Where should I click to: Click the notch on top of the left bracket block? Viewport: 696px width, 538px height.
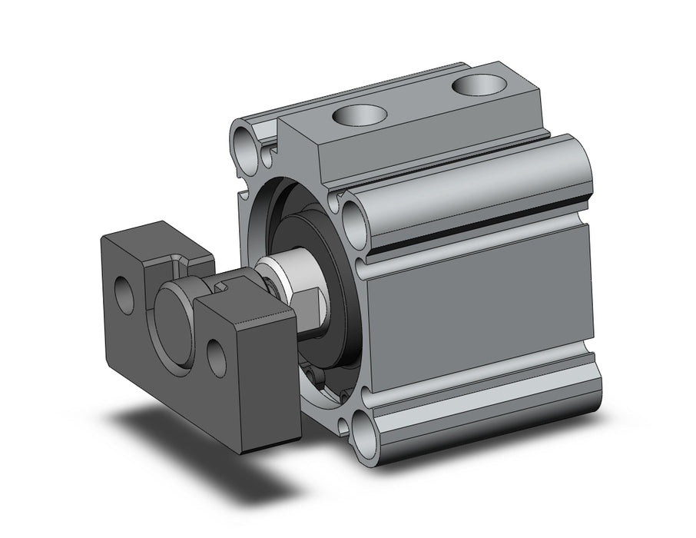[x=179, y=265]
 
